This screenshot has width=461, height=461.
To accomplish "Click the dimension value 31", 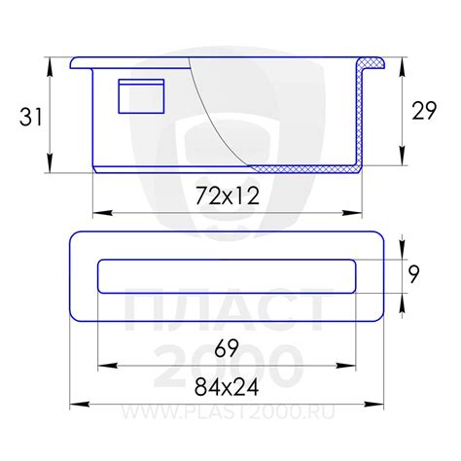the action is pyautogui.click(x=31, y=117).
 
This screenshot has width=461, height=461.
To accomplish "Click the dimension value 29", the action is pyautogui.click(x=424, y=111).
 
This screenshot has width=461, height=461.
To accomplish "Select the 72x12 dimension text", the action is pyautogui.click(x=228, y=196).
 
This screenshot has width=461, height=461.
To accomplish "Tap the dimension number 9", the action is pyautogui.click(x=413, y=274).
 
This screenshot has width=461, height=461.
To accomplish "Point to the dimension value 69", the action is pyautogui.click(x=227, y=348).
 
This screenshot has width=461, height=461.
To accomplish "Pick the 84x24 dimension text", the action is pyautogui.click(x=227, y=387).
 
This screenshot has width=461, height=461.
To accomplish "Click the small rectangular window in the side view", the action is pyautogui.click(x=141, y=96).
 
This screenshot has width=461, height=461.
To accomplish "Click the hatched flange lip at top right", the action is pyautogui.click(x=372, y=63).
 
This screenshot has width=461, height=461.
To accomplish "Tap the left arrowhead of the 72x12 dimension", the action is pyautogui.click(x=103, y=213).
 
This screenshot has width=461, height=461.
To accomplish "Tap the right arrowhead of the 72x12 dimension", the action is pyautogui.click(x=352, y=213).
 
